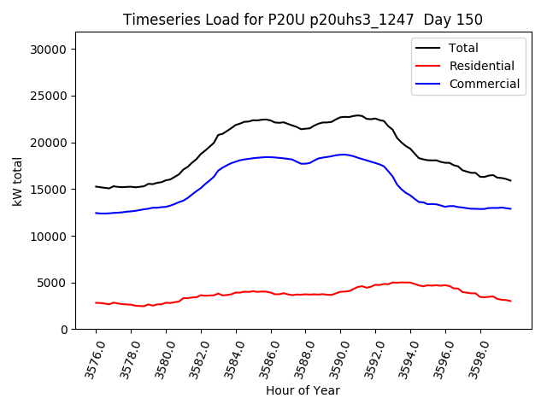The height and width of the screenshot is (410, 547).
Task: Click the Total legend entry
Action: [463, 48]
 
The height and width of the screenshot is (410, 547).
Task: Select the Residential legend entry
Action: [481, 66]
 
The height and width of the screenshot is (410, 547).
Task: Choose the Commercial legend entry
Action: [484, 84]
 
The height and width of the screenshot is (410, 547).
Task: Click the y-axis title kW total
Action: [18, 181]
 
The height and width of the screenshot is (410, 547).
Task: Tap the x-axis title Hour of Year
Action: [303, 390]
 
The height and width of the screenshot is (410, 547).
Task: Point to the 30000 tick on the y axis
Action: [50, 50]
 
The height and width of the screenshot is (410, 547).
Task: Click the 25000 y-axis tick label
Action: [50, 97]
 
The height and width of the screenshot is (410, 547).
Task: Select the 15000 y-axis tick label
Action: [50, 190]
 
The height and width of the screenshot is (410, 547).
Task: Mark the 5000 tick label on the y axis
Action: [53, 283]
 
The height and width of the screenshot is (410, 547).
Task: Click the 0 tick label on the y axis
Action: [64, 330]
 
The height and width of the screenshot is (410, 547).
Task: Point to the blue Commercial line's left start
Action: [96, 213]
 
